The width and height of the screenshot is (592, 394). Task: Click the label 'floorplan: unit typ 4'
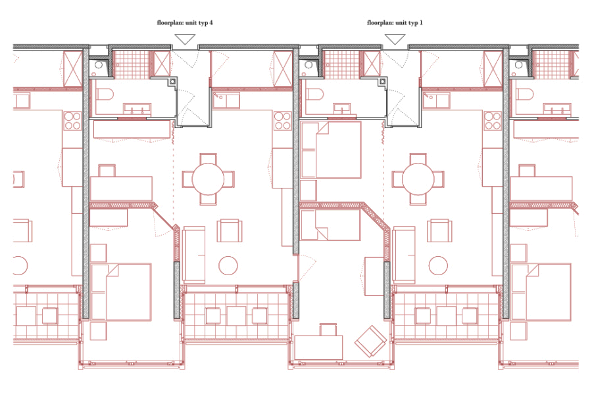click(x=185, y=22)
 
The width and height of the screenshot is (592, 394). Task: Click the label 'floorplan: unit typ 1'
click(x=395, y=22)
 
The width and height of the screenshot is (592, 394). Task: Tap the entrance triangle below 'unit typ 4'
click(x=185, y=39)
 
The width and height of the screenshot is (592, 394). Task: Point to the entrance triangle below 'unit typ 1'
click(x=395, y=39)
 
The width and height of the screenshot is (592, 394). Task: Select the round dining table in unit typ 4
click(x=208, y=179)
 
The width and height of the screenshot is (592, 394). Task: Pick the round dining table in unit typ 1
click(x=418, y=179)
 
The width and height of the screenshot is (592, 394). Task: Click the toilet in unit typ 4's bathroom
click(x=103, y=95)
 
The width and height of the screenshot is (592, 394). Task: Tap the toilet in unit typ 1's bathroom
click(x=314, y=95)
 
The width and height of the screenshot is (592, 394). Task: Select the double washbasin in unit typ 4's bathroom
click(x=137, y=110)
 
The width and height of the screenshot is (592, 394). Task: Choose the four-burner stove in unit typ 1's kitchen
click(x=493, y=121)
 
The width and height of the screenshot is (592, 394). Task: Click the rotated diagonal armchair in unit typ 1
click(x=370, y=341)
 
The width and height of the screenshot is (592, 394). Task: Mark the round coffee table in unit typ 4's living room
click(x=228, y=265)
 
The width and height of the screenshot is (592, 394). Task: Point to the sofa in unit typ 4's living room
click(x=193, y=255)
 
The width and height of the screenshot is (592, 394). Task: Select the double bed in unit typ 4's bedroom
click(x=121, y=292)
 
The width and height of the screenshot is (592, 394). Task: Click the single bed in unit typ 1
click(x=330, y=225)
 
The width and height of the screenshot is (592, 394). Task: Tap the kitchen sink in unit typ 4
click(x=226, y=100)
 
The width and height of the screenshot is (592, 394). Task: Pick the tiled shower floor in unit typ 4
click(x=132, y=64)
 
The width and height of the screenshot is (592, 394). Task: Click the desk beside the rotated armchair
click(x=318, y=347)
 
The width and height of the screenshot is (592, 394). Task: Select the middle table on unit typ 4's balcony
click(x=236, y=316)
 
